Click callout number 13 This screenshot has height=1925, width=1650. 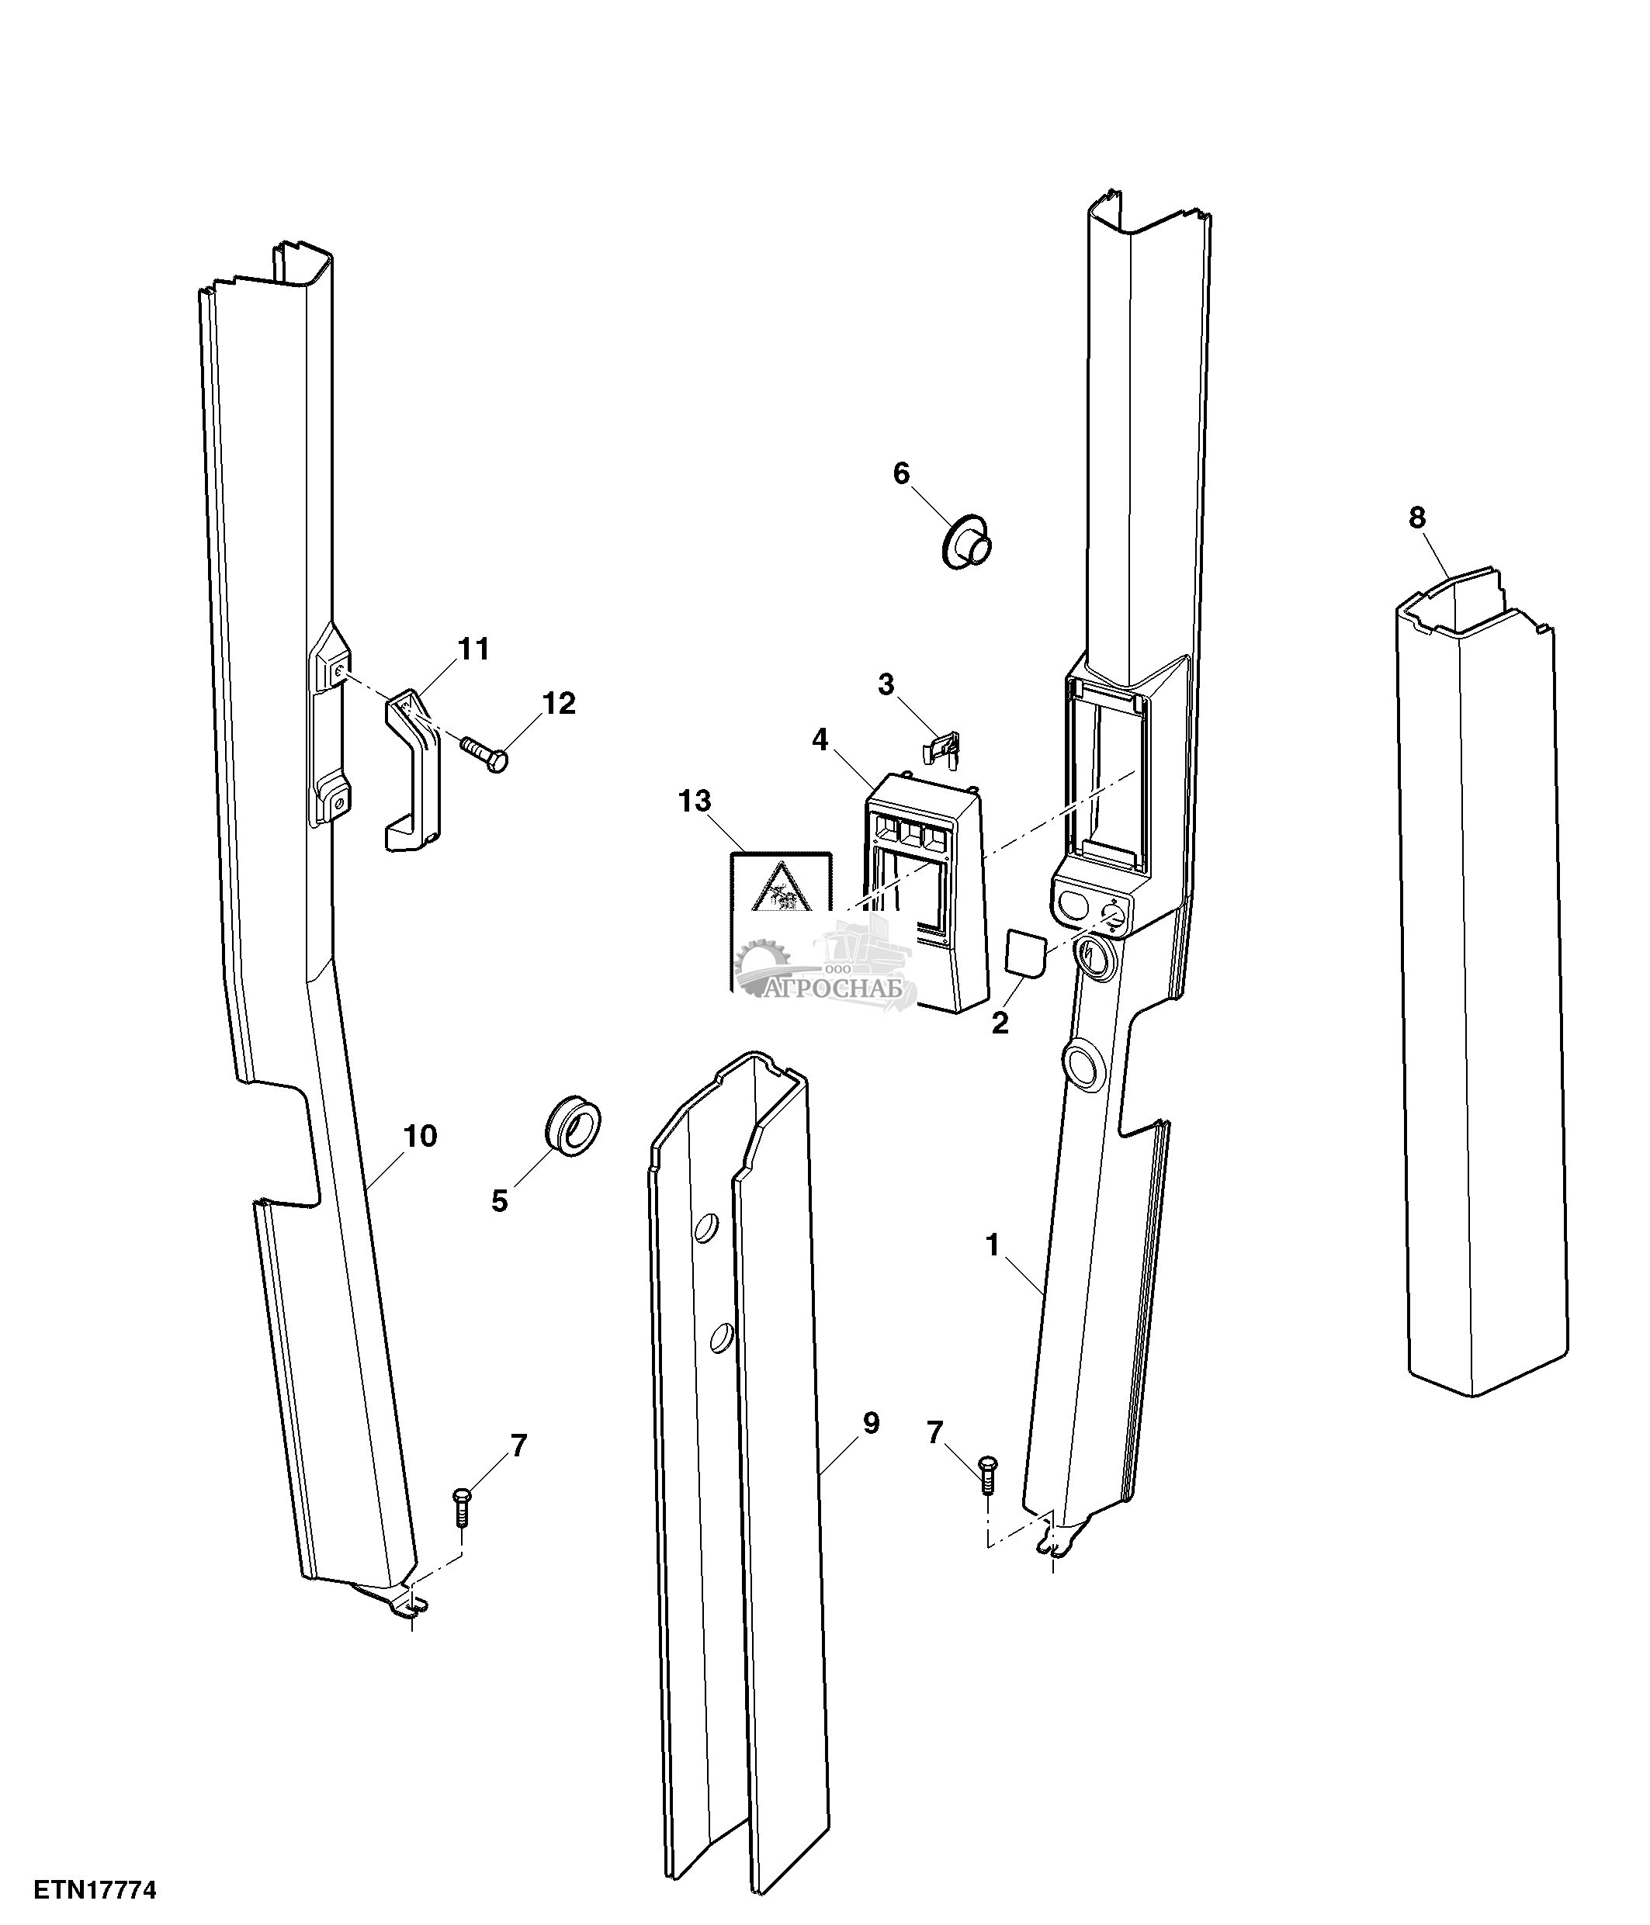point(694,801)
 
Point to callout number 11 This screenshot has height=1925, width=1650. point(474,649)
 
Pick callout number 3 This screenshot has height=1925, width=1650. point(886,684)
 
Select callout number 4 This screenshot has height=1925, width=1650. point(820,739)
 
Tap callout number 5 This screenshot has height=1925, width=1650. point(500,1201)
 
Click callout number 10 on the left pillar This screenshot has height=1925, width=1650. point(420,1135)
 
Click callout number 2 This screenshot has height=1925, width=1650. point(1000,1023)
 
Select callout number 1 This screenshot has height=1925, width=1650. point(992,1245)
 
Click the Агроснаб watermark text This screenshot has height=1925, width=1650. point(840,989)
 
